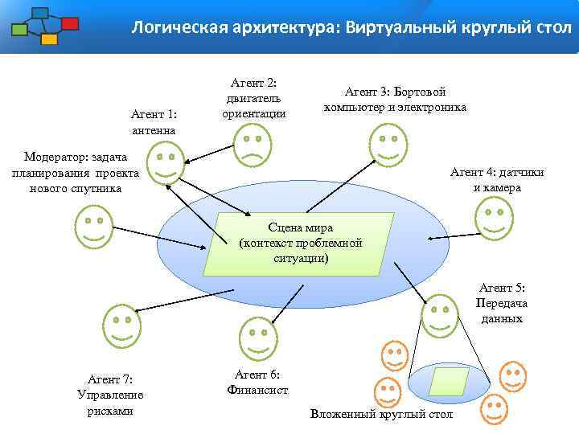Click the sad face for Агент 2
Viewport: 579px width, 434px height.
[x=252, y=145]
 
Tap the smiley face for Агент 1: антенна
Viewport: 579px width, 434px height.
[x=166, y=166]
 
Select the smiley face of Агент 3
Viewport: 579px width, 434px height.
[x=387, y=145]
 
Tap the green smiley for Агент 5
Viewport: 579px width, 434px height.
[x=439, y=315]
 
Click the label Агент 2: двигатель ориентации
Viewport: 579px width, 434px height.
[x=254, y=97]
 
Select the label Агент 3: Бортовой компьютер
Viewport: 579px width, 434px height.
[x=395, y=99]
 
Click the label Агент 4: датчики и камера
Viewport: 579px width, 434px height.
[x=497, y=180]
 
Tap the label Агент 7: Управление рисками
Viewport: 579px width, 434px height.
[x=110, y=395]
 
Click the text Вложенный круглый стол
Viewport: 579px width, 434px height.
[x=381, y=414]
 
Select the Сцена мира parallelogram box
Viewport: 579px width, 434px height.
[x=299, y=242]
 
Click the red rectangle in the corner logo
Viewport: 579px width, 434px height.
[x=70, y=23]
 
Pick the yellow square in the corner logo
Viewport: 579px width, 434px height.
[x=49, y=39]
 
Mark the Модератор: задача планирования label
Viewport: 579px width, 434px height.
[x=76, y=172]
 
